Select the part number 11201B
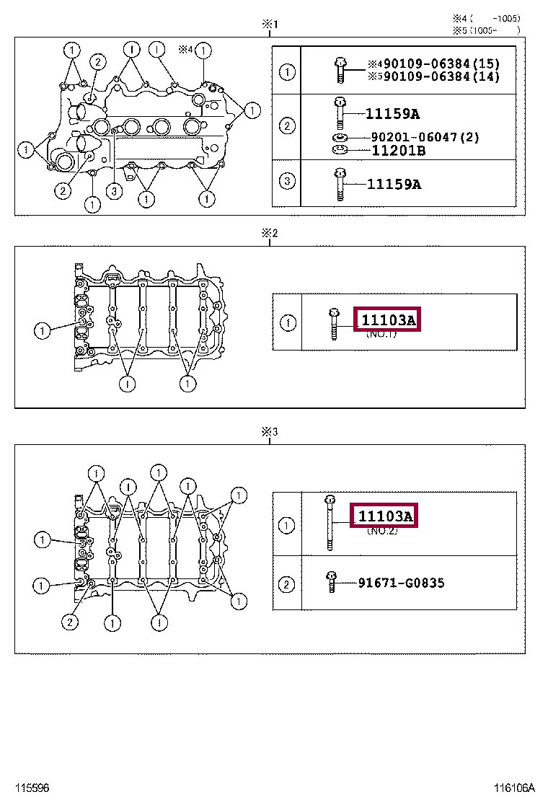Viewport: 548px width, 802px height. tap(398, 151)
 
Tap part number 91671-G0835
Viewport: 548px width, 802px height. tap(401, 583)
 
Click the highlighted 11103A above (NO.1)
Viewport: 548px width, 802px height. tap(388, 320)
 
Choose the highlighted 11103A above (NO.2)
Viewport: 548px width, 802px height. tap(385, 516)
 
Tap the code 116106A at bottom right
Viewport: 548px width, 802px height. tap(514, 788)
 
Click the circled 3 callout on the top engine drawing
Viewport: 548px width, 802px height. tap(112, 191)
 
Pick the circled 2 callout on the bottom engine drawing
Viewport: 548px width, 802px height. tap(70, 622)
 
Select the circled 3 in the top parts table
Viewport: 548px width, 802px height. tap(287, 180)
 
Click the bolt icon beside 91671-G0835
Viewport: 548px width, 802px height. tap(331, 581)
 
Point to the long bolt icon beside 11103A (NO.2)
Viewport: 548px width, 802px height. tap(330, 522)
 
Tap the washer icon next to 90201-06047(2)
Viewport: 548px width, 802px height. tap(340, 137)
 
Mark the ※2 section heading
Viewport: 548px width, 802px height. tap(269, 233)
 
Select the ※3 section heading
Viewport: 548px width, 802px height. tap(269, 432)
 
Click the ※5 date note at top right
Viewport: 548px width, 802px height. tap(485, 30)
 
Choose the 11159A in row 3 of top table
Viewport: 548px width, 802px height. tap(394, 184)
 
